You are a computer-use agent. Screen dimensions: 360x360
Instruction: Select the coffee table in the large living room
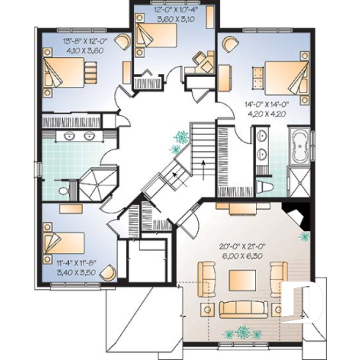(243, 280)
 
